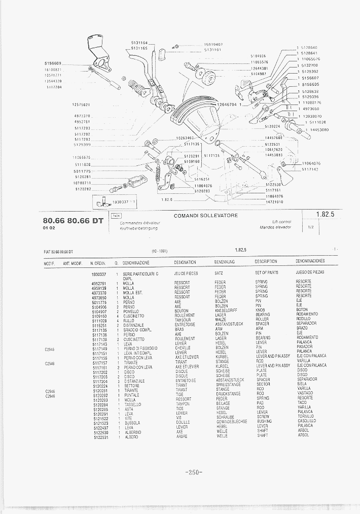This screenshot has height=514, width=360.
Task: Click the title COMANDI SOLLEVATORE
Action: tap(205, 216)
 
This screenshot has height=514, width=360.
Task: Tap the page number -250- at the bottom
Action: tap(194, 472)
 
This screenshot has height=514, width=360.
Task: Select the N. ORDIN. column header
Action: tap(98, 262)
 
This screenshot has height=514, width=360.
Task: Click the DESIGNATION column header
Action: tap(185, 262)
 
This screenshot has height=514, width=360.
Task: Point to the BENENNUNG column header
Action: tap(224, 262)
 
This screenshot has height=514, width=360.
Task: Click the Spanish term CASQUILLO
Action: tap(306, 421)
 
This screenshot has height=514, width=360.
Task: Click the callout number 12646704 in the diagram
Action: tap(226, 105)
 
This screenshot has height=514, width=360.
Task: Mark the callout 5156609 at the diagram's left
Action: tap(53, 63)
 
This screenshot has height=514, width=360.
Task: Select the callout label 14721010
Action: tap(274, 201)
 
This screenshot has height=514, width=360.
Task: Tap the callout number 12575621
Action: tap(81, 105)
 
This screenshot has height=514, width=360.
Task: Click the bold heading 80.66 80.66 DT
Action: tap(73, 221)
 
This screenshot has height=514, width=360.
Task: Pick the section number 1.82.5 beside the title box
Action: tap(325, 214)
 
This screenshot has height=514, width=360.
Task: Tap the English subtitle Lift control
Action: tap(281, 222)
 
